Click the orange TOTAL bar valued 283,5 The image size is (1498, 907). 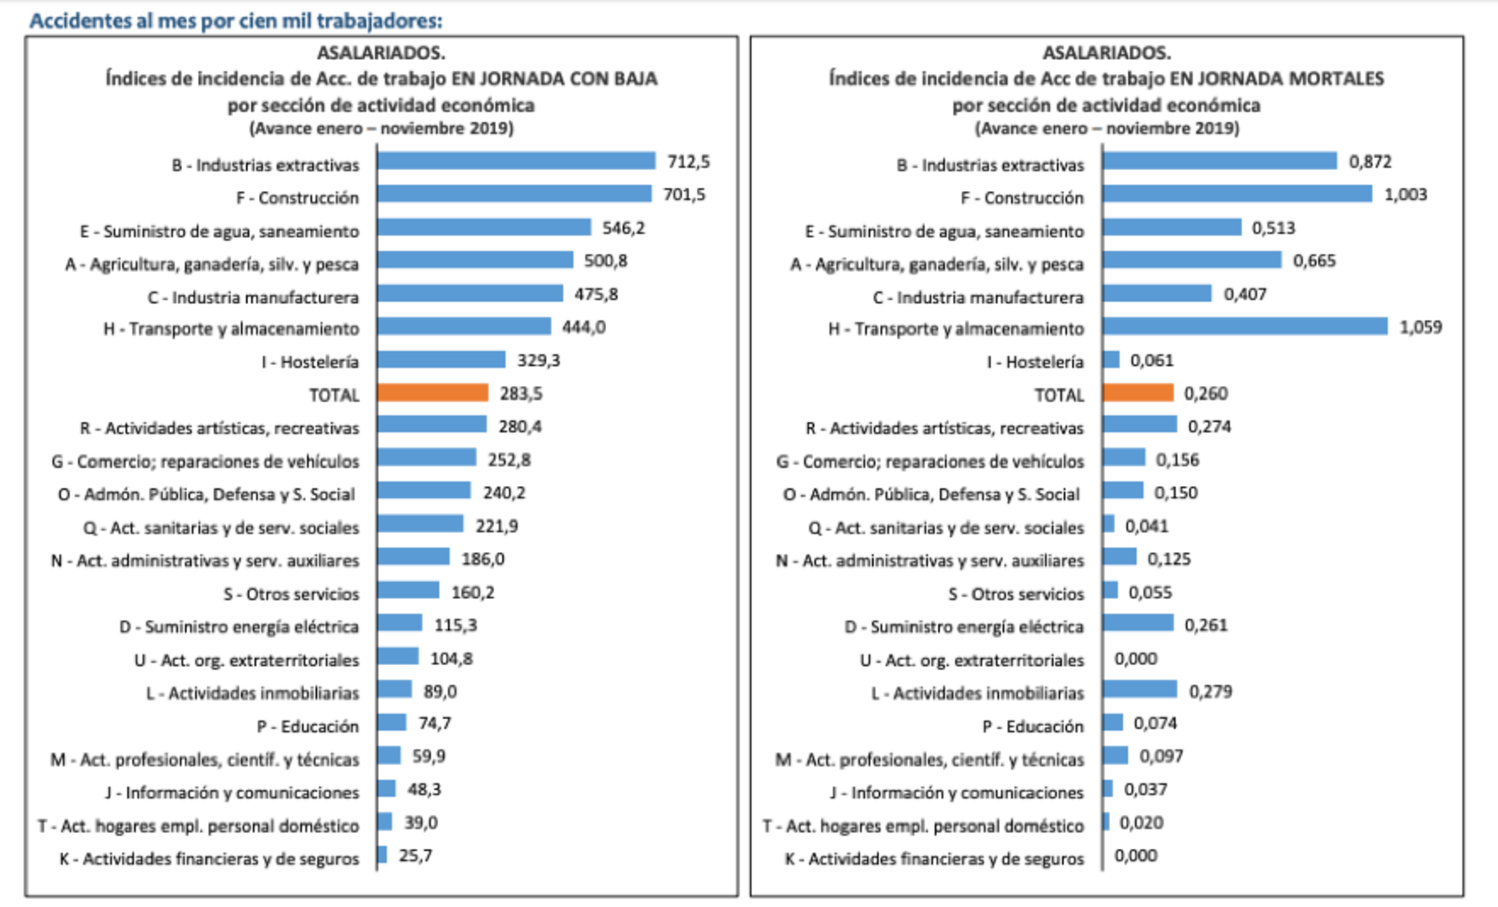click(x=433, y=392)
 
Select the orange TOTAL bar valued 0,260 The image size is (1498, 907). click(x=1138, y=392)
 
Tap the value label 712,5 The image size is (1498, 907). click(x=688, y=161)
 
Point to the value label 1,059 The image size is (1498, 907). click(x=1421, y=327)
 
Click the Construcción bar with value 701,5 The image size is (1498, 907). click(x=514, y=194)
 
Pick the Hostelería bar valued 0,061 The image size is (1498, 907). click(x=1111, y=360)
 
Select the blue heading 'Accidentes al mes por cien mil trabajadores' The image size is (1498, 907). click(x=236, y=20)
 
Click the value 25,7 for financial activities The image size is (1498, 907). click(x=415, y=856)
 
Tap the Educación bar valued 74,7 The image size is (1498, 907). click(x=392, y=723)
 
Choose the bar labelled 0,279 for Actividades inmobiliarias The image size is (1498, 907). click(x=1140, y=690)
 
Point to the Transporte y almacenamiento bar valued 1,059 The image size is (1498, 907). click(x=1245, y=327)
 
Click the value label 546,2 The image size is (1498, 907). click(x=623, y=228)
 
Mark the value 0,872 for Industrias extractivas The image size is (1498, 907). click(x=1370, y=161)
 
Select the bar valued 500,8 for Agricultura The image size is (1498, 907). click(x=475, y=260)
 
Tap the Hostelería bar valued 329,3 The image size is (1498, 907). click(x=442, y=360)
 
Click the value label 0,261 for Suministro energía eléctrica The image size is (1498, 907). click(x=1206, y=625)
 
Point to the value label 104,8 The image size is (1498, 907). click(x=452, y=658)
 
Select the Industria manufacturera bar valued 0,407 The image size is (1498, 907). click(x=1157, y=294)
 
